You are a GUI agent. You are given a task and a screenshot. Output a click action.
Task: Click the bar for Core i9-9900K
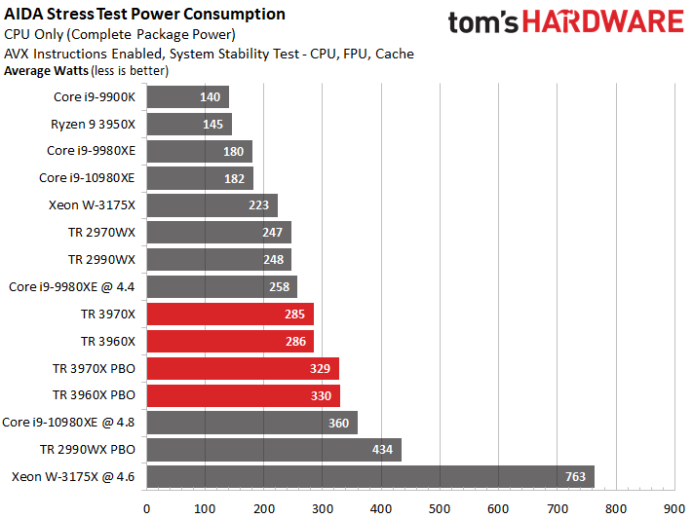click(187, 96)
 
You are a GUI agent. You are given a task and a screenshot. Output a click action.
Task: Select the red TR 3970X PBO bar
click(243, 369)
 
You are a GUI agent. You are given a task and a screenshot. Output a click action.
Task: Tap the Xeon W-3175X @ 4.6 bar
click(370, 477)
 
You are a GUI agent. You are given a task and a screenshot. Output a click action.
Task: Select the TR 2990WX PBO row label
click(88, 450)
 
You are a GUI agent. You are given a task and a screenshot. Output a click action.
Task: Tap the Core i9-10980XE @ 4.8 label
click(69, 423)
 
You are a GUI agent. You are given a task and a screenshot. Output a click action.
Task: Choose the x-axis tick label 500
click(440, 507)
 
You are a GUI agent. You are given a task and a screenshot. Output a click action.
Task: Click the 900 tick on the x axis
click(674, 507)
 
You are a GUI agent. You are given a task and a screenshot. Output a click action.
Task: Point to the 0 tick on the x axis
click(147, 507)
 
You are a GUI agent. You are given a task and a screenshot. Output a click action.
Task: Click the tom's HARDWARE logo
click(566, 23)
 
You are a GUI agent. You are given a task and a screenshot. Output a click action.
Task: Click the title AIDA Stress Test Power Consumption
click(145, 15)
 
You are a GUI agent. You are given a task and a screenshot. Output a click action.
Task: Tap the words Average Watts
click(45, 70)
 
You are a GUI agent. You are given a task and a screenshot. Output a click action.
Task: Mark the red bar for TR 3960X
click(230, 342)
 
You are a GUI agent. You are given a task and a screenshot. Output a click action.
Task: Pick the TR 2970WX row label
click(101, 233)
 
